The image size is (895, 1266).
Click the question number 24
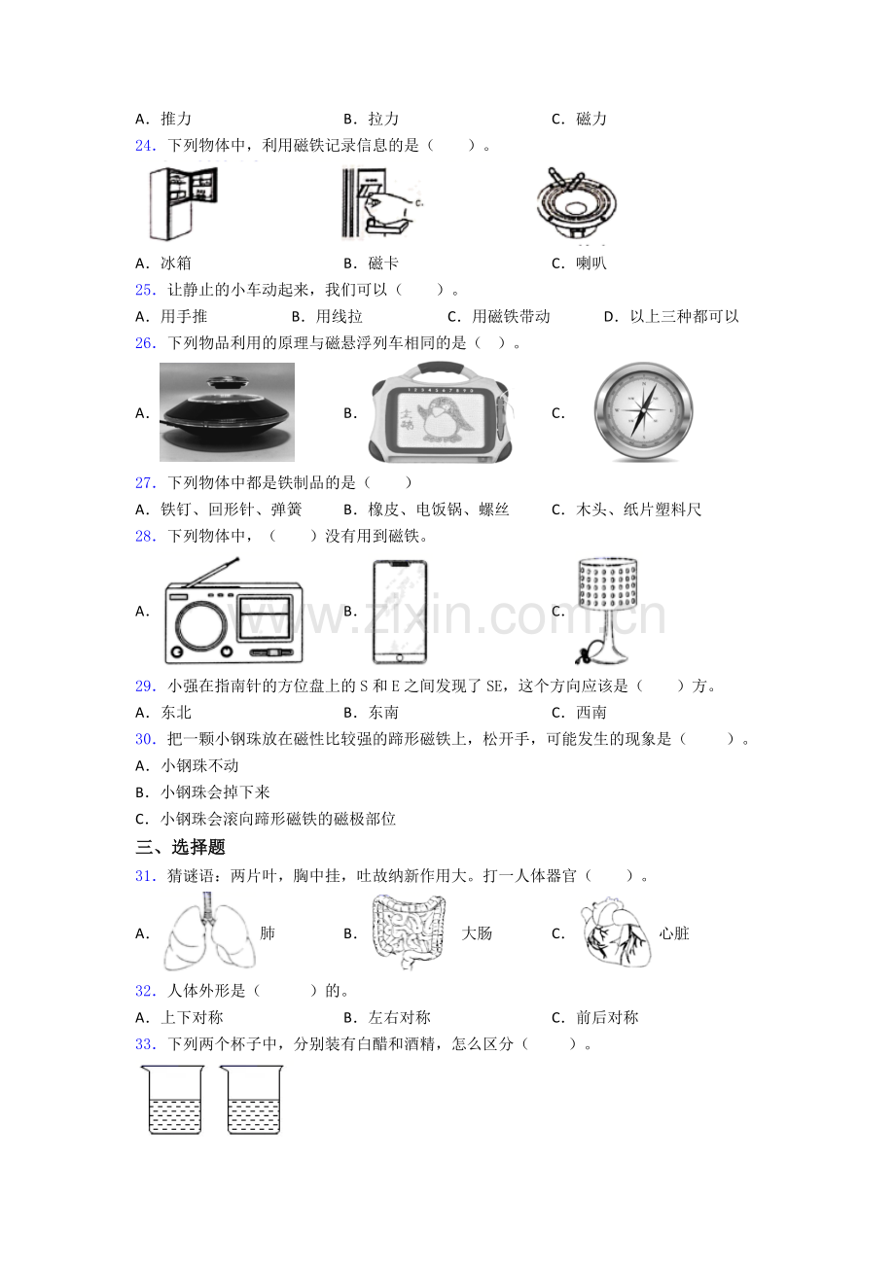tap(146, 146)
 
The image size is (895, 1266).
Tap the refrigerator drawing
tap(183, 203)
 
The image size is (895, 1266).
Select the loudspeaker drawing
tap(576, 204)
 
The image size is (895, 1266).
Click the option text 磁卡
tap(383, 263)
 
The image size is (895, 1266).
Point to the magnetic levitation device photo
tap(227, 412)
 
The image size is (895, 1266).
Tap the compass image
tap(643, 411)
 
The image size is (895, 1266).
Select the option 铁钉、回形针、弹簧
tap(231, 510)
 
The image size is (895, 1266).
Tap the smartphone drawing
tap(400, 612)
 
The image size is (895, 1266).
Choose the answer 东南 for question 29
tap(383, 713)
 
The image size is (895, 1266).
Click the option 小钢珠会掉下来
tap(215, 792)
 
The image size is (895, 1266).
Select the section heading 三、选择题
tap(180, 847)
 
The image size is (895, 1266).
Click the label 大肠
tap(477, 933)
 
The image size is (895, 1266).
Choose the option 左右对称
tap(399, 1017)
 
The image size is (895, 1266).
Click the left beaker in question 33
tap(172, 1100)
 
